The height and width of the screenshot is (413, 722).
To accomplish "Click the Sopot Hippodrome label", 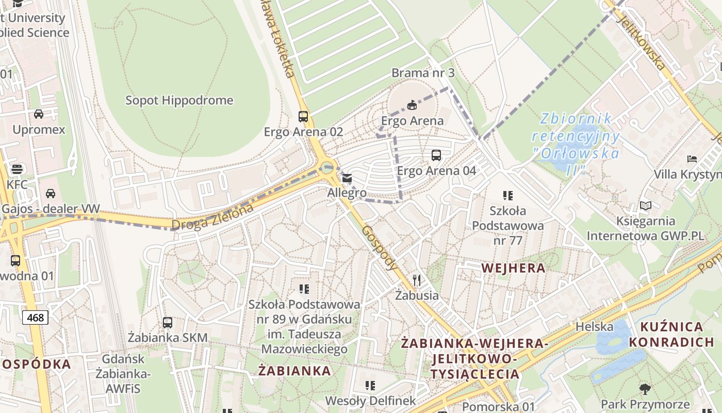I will point(179,100).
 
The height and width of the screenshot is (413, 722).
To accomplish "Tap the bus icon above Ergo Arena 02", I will point(303,117).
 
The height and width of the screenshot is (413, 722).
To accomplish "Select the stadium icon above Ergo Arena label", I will point(412,106).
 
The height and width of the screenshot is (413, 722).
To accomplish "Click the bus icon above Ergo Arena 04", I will point(436,155).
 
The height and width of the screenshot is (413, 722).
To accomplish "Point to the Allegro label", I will point(347,193).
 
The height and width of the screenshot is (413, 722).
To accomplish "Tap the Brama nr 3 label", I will point(423,73).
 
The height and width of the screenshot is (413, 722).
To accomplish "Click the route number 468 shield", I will point(35,317).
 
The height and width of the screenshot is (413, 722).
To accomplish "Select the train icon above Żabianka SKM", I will point(168,323).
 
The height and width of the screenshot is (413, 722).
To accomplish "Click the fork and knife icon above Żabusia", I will point(417,280).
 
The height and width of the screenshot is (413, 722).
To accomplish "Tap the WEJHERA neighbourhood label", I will point(513,267).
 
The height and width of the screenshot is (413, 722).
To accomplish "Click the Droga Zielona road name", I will point(212,217).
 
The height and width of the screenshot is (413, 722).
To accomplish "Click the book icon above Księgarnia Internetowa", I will point(645,205).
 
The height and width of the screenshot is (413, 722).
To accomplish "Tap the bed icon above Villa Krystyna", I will point(692,158).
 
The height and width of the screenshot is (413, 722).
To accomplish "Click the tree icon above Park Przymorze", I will point(645,389).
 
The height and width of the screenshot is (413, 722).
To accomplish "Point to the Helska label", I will point(594,327).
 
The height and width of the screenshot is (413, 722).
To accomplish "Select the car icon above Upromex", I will point(39,114).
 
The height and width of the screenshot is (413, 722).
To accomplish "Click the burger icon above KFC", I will point(17,169).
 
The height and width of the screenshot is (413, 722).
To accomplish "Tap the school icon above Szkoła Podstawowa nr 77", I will point(508,195).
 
